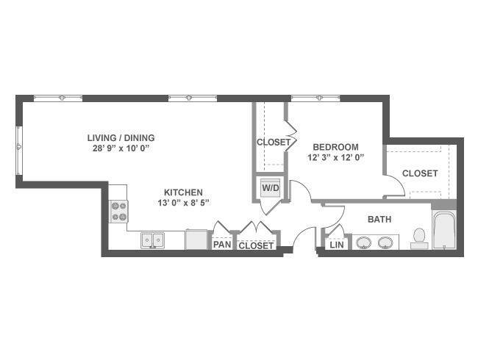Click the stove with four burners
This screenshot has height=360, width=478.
tap(118, 212)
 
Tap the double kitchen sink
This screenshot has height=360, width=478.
tap(152, 240)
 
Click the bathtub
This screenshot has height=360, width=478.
tap(444, 231)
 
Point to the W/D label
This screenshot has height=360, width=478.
tap(271, 188)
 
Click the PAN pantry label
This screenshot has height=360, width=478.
tap(222, 244)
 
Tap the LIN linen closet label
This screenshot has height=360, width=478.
tap(337, 245)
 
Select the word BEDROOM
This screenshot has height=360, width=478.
tap(335, 147)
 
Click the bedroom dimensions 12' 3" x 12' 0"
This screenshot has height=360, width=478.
tap(336, 158)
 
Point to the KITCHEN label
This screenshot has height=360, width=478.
tap(183, 192)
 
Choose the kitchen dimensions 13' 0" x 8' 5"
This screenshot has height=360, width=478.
tap(184, 203)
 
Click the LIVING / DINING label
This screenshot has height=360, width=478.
tap(121, 138)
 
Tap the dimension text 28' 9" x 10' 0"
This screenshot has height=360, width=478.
tap(122, 148)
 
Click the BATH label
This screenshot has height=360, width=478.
tap(379, 219)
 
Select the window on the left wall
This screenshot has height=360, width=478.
tap(19, 151)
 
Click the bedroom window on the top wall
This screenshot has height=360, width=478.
tap(315, 98)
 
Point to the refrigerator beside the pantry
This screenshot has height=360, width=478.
tap(196, 240)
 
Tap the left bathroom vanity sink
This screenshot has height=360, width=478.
tap(364, 242)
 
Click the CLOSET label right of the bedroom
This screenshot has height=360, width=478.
tap(420, 173)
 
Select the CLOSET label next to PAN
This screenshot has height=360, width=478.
tap(256, 245)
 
